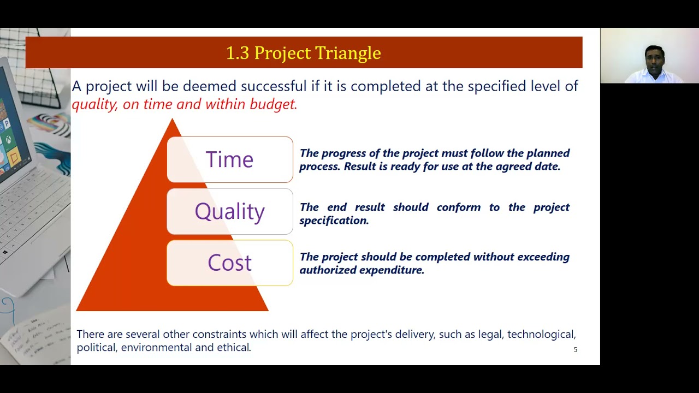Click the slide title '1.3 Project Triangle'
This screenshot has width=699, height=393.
(x=303, y=53)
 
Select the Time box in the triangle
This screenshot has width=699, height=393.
(x=229, y=159)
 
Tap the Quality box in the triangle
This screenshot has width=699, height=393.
(x=229, y=211)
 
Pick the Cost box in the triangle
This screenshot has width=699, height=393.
(x=229, y=263)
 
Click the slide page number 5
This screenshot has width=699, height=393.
(x=575, y=350)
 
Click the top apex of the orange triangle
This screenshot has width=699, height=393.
(x=173, y=120)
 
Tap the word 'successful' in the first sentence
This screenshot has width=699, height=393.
(x=274, y=86)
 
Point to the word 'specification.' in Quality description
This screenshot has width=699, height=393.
(x=334, y=221)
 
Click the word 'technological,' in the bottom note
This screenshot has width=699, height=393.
(x=541, y=334)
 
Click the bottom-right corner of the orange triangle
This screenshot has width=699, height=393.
(x=267, y=309)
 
